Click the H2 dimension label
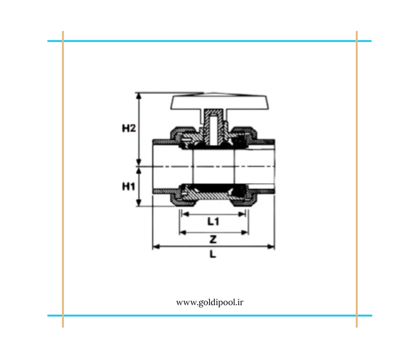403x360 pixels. click(x=129, y=128)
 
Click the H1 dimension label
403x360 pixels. click(x=128, y=186)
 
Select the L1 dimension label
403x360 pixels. click(x=213, y=221)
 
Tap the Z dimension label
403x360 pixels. click(x=213, y=240)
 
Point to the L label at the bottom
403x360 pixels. click(x=213, y=254)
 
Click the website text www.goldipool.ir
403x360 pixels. click(x=210, y=303)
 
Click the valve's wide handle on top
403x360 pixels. click(x=220, y=102)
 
